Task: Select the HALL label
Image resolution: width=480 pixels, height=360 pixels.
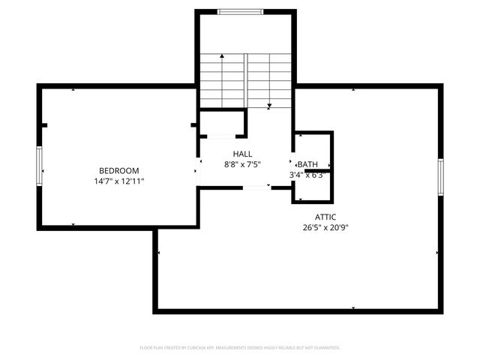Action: click(242, 154)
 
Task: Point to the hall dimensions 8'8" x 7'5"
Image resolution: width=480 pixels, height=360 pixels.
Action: click(242, 164)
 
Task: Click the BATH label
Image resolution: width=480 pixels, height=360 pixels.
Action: click(308, 164)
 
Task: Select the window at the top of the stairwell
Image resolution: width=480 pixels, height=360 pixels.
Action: click(240, 11)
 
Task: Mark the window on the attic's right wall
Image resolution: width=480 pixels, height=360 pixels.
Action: click(441, 178)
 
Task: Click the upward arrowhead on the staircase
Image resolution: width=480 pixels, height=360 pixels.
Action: click(222, 57)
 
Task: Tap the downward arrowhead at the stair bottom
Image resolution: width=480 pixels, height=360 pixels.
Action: click(269, 106)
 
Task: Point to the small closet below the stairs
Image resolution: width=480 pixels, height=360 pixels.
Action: click(222, 123)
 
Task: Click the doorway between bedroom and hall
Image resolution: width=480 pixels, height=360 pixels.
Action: click(197, 170)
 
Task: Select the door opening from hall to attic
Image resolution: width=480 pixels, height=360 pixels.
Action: click(256, 187)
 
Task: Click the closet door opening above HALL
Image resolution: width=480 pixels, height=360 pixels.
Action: click(219, 136)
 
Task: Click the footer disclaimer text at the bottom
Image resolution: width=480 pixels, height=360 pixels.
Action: click(240, 348)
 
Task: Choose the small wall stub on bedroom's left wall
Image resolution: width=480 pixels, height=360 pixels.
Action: click(44, 125)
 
